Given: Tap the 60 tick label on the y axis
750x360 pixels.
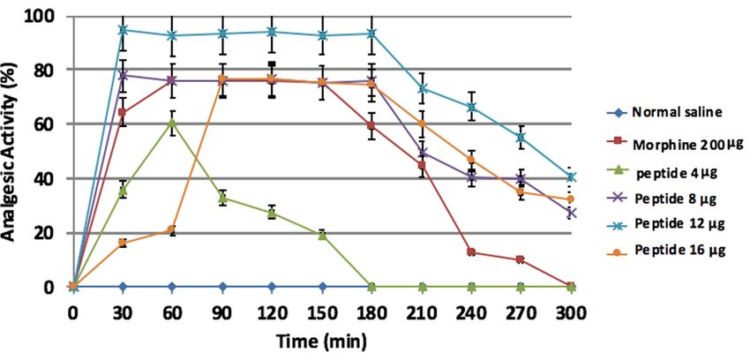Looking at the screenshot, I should click(x=45, y=124).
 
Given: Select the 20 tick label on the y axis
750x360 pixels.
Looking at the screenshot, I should click(x=45, y=233).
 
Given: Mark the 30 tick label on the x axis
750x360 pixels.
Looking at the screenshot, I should click(x=123, y=312).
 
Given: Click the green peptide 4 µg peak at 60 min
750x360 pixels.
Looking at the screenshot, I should click(x=173, y=123).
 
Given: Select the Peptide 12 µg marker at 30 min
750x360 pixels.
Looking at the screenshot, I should click(x=123, y=29).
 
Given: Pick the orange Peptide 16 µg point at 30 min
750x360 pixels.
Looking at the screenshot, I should click(x=123, y=243).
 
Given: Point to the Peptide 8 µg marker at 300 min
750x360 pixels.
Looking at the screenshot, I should click(x=572, y=213).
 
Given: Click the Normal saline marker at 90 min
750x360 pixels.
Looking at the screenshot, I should click(x=222, y=287).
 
